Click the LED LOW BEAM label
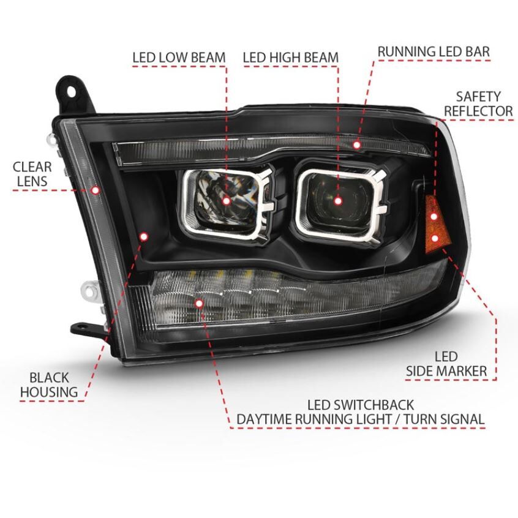coord(179,58)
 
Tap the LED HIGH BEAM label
coord(291,58)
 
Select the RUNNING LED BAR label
coord(434,52)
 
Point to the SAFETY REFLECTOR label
coord(478,103)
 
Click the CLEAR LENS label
coord(32,174)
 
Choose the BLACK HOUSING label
coord(49,385)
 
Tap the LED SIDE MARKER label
coord(446,364)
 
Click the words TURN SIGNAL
coord(444,419)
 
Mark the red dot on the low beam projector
coord(227,201)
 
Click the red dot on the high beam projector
coord(337,201)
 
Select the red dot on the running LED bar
coord(356,145)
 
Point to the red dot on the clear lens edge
coord(96,190)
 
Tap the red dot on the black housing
coord(144,236)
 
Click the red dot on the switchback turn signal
coord(199,303)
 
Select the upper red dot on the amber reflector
coord(434,217)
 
